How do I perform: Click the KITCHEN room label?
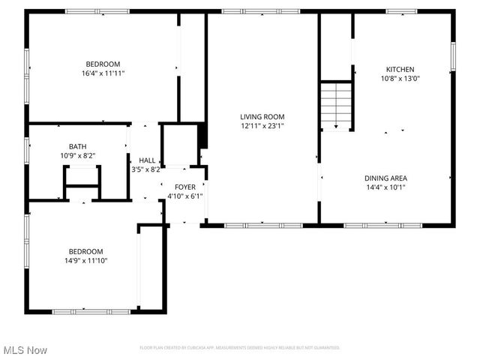400,69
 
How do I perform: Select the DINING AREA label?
385,178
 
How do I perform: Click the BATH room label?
77,146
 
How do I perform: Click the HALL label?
147,160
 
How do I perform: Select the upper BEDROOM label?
103,64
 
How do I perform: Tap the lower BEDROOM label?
86,251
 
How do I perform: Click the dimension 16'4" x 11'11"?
103,73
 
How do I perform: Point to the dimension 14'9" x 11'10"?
86,260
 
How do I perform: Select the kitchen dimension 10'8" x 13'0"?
400,78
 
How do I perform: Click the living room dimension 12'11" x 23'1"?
262,125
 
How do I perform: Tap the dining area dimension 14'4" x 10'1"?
385,187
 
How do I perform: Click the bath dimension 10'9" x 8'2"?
77,155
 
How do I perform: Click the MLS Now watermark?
25,350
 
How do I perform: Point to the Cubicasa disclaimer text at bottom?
240,348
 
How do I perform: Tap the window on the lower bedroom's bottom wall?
81,310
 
